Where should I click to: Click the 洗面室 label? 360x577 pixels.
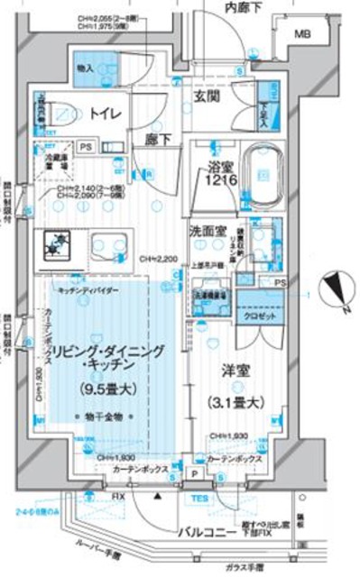208,231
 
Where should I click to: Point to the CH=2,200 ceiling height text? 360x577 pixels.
159,259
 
